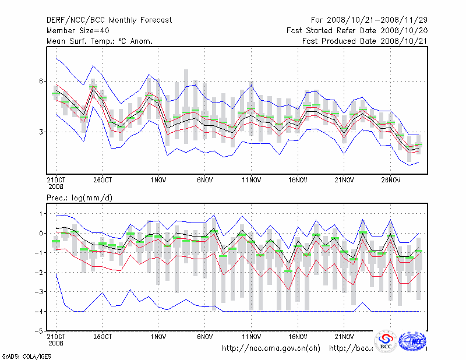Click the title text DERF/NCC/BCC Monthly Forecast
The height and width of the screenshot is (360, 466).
point(109,20)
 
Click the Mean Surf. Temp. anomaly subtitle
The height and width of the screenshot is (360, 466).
point(100,41)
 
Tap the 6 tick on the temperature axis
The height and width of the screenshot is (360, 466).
point(42,81)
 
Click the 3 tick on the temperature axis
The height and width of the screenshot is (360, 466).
point(42,132)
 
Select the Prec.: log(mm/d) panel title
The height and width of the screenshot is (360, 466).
point(80,198)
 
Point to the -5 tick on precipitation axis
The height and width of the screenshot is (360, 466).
point(40,331)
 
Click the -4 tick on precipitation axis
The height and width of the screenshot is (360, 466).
point(40,311)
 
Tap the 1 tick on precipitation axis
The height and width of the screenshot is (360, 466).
point(42,214)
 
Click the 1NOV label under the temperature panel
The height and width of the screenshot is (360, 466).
point(158,180)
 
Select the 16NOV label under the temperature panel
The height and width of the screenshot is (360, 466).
point(298,180)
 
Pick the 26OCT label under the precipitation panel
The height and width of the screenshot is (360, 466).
point(102,336)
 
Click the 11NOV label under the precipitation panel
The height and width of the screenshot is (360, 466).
point(251,336)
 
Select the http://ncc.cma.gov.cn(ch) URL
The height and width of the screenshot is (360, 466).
point(271,348)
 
